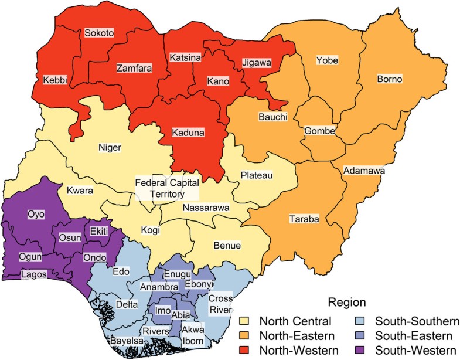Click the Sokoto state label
(x=98, y=33)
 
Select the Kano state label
(x=218, y=80)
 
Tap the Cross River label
(x=220, y=303)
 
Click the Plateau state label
(x=257, y=175)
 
